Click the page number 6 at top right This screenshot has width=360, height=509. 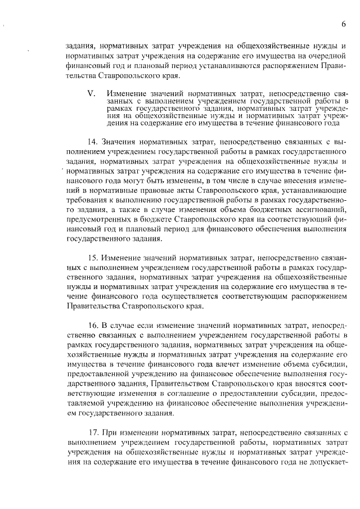click(343, 24)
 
